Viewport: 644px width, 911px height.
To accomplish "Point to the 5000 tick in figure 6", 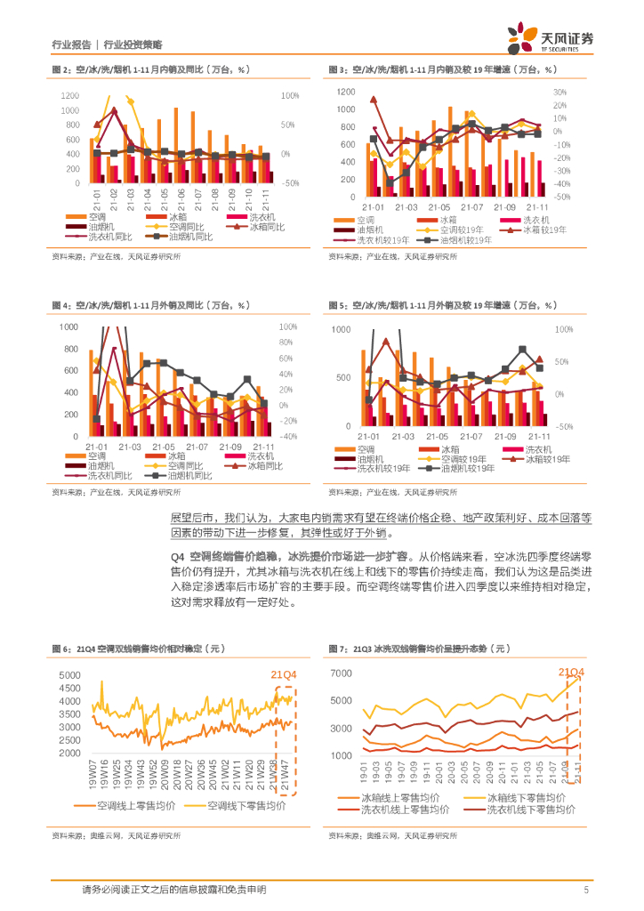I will click(68, 676).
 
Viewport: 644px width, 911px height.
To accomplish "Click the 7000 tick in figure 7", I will click(342, 673).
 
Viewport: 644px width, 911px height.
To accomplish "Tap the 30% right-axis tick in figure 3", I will click(559, 93).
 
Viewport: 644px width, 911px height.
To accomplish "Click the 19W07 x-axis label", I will click(93, 771).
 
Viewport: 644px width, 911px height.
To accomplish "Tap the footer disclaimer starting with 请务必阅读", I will click(173, 890).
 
